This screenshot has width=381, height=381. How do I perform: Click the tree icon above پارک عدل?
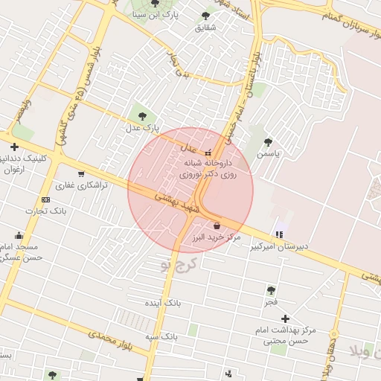click(142, 115)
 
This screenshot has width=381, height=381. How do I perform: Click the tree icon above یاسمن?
click(268, 142)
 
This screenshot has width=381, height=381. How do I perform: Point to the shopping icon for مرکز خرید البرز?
click(217, 225)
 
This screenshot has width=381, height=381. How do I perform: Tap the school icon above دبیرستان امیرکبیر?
click(279, 234)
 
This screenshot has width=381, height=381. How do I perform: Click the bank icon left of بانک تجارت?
click(46, 199)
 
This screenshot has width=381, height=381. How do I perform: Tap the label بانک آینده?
click(164, 304)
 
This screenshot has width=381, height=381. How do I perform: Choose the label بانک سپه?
click(161, 336)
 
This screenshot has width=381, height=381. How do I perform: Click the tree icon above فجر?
click(270, 290)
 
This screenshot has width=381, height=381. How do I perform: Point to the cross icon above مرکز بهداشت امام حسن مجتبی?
click(284, 318)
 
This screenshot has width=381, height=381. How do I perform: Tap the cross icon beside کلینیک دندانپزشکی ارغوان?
click(14, 147)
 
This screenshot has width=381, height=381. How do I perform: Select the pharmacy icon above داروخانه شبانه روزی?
click(208, 152)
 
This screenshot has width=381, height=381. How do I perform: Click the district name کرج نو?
click(177, 262)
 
